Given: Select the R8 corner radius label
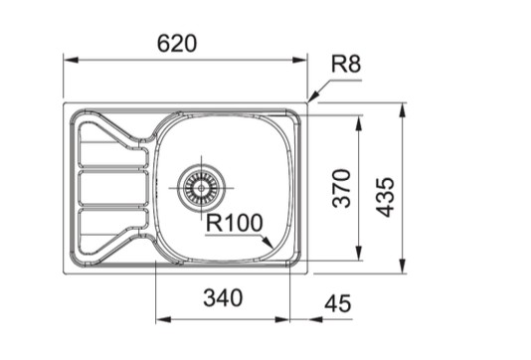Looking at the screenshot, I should click(x=345, y=66).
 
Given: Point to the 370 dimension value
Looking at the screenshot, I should click(x=341, y=188).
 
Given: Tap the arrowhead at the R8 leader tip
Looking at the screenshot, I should click(x=310, y=99).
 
